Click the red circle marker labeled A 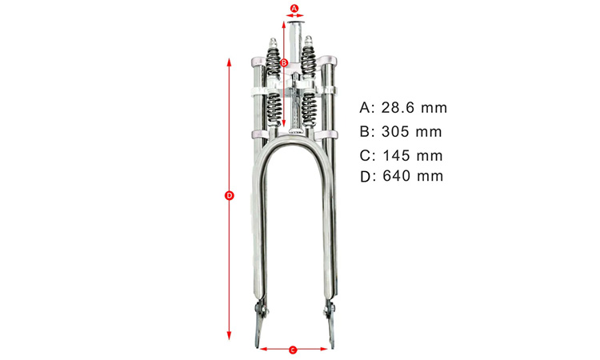point(294,8)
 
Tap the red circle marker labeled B point(284,63)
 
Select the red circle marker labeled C point(293,350)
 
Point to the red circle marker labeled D point(229,196)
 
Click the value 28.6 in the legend point(398,108)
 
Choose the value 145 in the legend point(397,156)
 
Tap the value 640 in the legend point(397,176)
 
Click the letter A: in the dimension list point(367,108)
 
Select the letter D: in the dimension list point(368,176)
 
